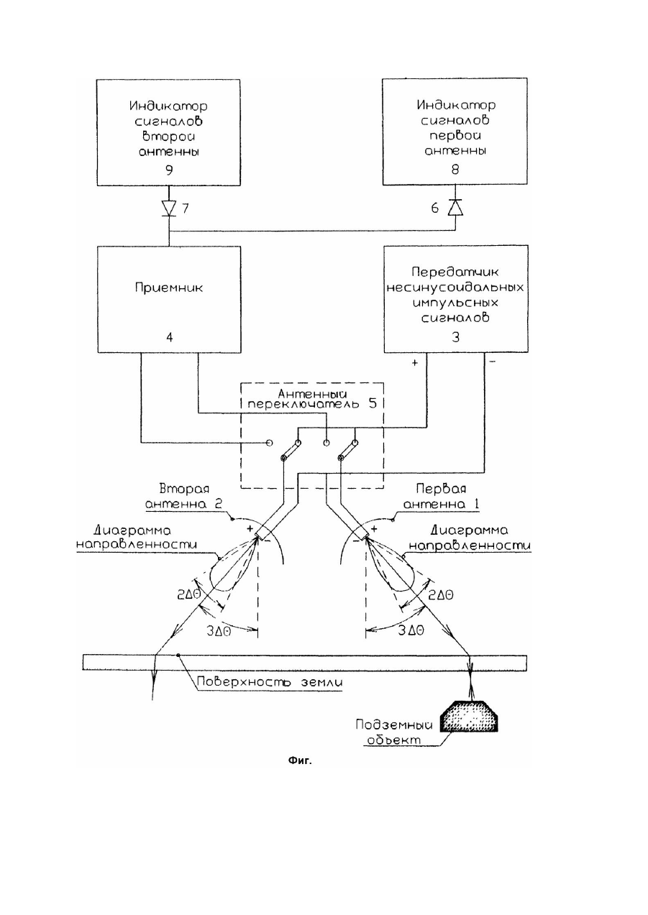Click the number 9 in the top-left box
tap(169, 170)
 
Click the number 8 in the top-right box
tap(455, 169)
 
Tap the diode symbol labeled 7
tap(169, 208)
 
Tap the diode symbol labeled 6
tap(455, 208)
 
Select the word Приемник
tap(169, 288)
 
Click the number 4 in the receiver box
tap(169, 337)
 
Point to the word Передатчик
tap(455, 272)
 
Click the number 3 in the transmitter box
tap(455, 337)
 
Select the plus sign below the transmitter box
tap(414, 363)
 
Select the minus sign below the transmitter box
tap(492, 362)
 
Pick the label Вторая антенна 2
tap(184, 497)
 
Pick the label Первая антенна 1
tap(442, 497)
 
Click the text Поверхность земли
tap(270, 681)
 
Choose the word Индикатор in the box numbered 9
tap(168, 106)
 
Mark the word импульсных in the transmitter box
tap(455, 303)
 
